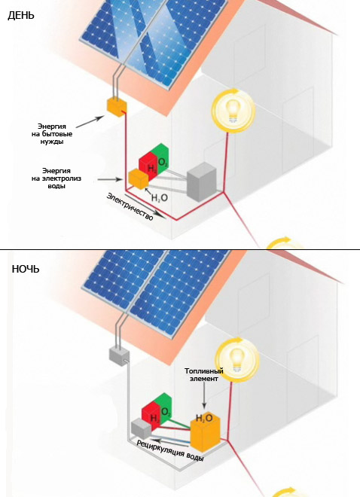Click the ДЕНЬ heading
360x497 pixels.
[x=20, y=15]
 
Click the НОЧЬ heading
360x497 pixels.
[x=26, y=269]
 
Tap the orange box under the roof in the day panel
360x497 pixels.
[x=117, y=106]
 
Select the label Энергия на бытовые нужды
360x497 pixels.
[x=52, y=134]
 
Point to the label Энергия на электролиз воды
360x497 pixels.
[x=56, y=178]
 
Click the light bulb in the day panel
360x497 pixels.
[x=233, y=110]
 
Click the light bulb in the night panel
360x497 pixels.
[x=237, y=360]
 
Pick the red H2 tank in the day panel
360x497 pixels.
[x=148, y=165]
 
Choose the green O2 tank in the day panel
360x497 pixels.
[x=162, y=159]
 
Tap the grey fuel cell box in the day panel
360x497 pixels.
[x=202, y=181]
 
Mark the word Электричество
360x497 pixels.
[x=130, y=206]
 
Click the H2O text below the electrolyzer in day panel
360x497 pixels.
[x=160, y=198]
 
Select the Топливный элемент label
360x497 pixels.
[x=204, y=375]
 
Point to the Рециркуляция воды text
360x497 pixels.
[x=170, y=450]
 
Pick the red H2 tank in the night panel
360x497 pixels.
[x=151, y=415]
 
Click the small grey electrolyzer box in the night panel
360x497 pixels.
[x=142, y=428]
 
